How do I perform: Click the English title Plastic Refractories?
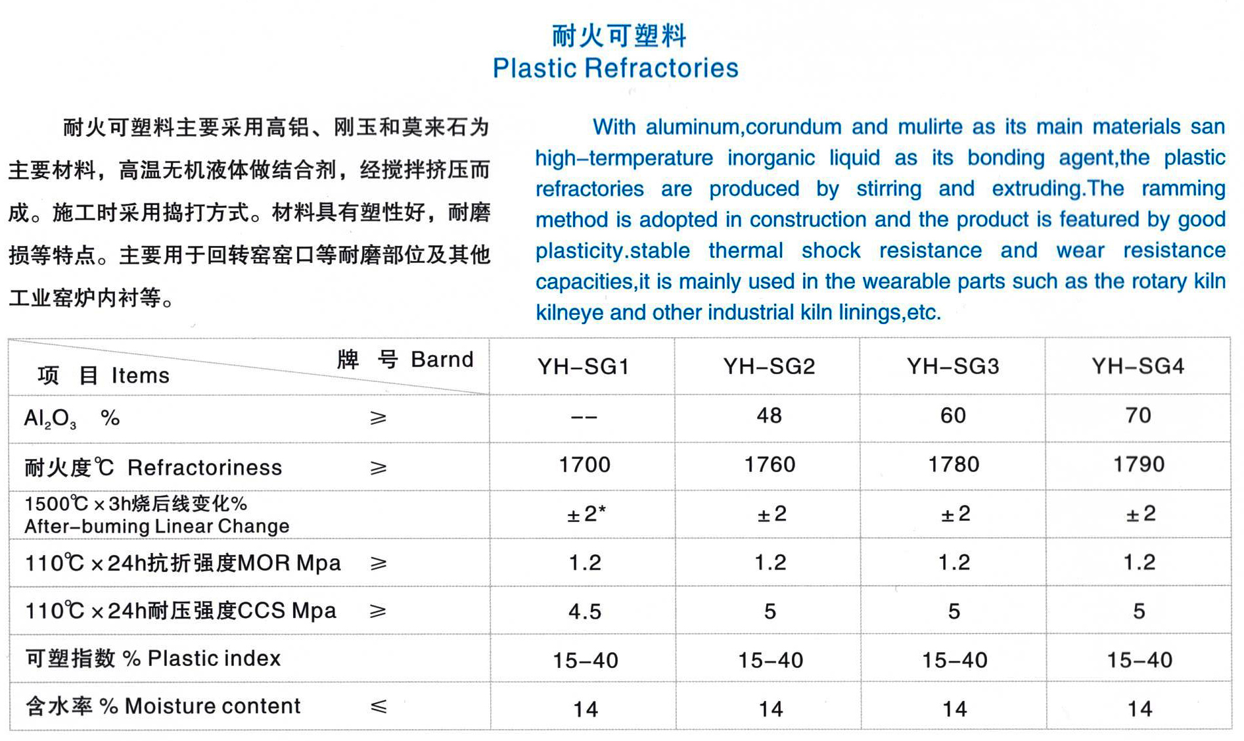pyautogui.click(x=616, y=68)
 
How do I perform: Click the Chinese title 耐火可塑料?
pyautogui.click(x=619, y=36)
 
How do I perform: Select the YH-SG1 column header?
pyautogui.click(x=584, y=366)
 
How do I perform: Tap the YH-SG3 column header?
pyautogui.click(x=953, y=366)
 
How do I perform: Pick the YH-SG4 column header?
pyautogui.click(x=1138, y=366)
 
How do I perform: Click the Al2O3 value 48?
pyautogui.click(x=769, y=416)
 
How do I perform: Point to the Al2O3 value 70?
pyautogui.click(x=1138, y=416)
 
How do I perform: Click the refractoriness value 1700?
pyautogui.click(x=584, y=465)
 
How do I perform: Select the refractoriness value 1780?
pyautogui.click(x=954, y=465)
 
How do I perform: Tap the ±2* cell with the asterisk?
pyautogui.click(x=586, y=514)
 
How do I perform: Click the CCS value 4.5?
pyautogui.click(x=585, y=611)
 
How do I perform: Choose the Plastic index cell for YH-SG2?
pyautogui.click(x=770, y=659)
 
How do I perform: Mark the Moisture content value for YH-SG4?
pyautogui.click(x=1140, y=709)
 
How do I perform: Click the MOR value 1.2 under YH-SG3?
pyautogui.click(x=954, y=563)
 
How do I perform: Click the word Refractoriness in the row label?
pyautogui.click(x=204, y=467)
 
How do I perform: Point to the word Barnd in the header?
pyautogui.click(x=442, y=360)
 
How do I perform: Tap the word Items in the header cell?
pyautogui.click(x=140, y=375)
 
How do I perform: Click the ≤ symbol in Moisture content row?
pyautogui.click(x=378, y=707)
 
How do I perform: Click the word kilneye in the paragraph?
pyautogui.click(x=569, y=312)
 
